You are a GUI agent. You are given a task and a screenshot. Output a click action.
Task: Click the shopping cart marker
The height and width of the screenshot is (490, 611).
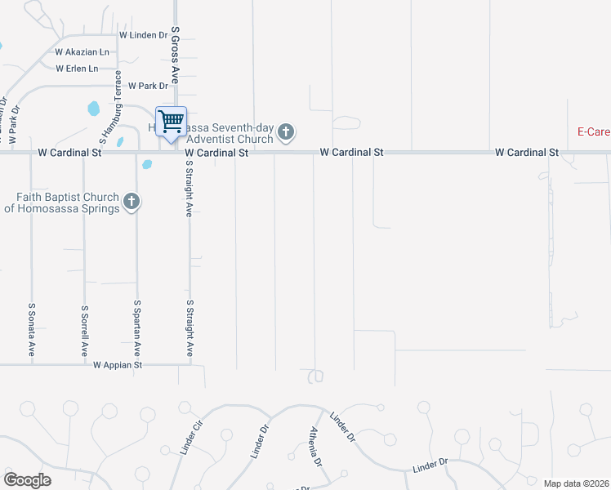[x=171, y=122]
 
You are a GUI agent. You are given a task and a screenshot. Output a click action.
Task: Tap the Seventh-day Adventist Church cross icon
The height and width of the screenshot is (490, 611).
[x=285, y=131]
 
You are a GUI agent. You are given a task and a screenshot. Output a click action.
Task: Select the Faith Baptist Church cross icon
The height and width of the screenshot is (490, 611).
[x=131, y=201]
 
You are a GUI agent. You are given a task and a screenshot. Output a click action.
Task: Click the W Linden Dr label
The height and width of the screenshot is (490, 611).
[x=143, y=35]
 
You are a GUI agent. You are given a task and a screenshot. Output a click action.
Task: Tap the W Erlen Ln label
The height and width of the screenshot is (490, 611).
[x=76, y=69]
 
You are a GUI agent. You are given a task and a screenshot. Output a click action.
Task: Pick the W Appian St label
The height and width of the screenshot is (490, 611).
[x=118, y=365]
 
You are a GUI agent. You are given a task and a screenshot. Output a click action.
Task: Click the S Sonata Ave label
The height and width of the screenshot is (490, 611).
[x=31, y=330]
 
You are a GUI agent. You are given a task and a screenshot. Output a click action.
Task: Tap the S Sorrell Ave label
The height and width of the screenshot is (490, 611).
[x=84, y=330]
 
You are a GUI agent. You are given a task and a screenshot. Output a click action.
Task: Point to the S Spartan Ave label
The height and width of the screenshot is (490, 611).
[x=137, y=328]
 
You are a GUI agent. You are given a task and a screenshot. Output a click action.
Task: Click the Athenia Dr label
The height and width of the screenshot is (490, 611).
[x=314, y=446]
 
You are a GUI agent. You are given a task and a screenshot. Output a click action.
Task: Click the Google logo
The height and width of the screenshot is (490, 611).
[x=27, y=480]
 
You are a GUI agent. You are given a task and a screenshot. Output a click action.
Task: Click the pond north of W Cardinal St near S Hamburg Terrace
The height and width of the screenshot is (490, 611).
[x=93, y=108]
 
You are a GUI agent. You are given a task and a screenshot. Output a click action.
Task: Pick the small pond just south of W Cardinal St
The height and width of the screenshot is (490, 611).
[x=147, y=164]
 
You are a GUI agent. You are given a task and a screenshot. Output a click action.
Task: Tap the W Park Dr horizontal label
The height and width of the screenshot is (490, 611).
[x=147, y=86]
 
